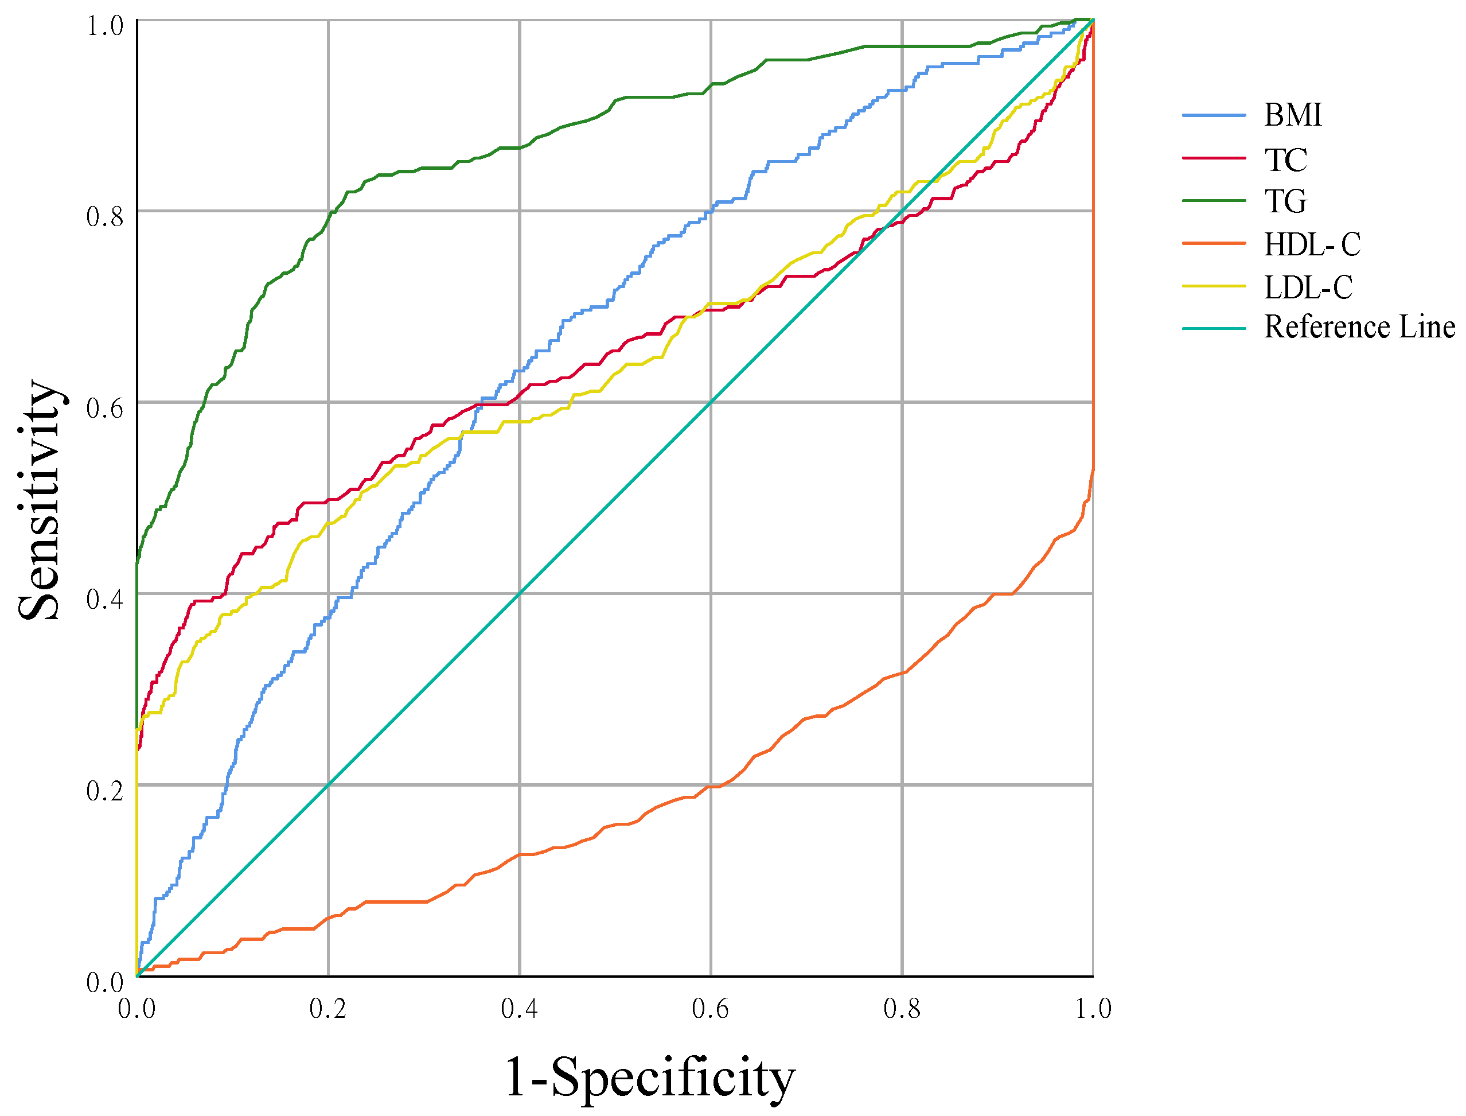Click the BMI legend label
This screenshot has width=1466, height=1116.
(1292, 115)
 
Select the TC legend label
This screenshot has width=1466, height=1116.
(1285, 160)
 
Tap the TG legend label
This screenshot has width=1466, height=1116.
(1285, 201)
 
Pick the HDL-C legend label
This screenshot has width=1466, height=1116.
(1312, 244)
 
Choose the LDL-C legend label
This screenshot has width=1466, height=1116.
(1308, 287)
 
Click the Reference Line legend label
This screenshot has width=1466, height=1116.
(1359, 327)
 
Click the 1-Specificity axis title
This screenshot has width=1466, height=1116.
(649, 1076)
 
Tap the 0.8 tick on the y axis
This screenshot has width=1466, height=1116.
(105, 216)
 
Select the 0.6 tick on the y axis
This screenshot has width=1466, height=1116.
(105, 407)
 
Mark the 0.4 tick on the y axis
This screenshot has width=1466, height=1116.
(105, 598)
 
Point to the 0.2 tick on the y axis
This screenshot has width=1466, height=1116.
(105, 790)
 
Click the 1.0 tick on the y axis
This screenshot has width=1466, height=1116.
(105, 25)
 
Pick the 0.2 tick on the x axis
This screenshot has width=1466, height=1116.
(328, 1008)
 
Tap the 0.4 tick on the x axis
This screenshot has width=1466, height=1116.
(519, 1008)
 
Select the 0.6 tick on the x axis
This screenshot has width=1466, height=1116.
(711, 1008)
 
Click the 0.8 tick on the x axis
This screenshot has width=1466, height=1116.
(902, 1008)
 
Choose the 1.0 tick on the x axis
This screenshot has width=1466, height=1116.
(1093, 1008)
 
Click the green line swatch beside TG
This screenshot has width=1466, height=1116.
(1214, 200)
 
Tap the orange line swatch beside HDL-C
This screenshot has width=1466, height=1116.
(1214, 244)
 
